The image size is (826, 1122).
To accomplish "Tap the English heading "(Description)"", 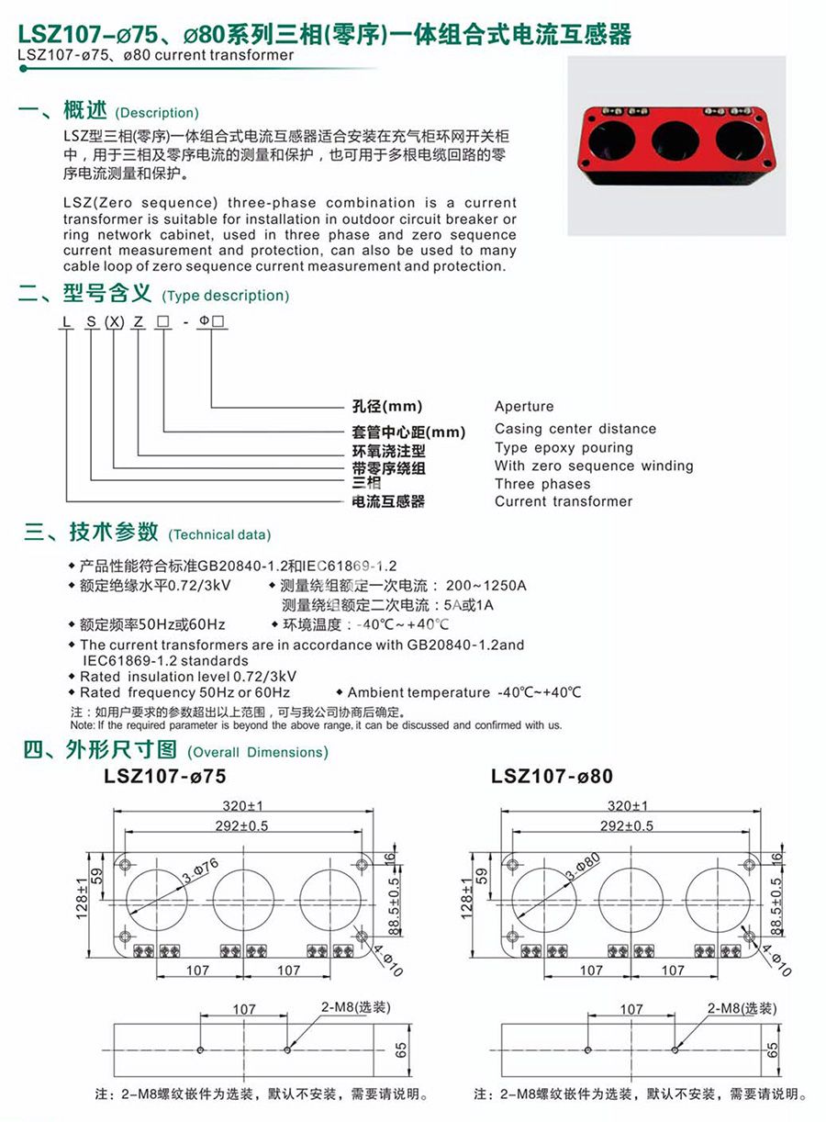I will tap(157, 113).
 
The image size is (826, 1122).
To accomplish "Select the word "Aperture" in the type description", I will tap(524, 407).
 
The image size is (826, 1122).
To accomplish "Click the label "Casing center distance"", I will tap(575, 429).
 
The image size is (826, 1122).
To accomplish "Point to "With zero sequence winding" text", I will tap(594, 466).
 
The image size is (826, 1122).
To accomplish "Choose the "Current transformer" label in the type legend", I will tap(564, 501).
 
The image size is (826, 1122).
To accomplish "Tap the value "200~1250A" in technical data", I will tap(486, 586).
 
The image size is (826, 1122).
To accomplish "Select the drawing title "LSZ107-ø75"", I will tap(165, 777).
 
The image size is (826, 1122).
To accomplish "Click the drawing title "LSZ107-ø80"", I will tap(552, 777).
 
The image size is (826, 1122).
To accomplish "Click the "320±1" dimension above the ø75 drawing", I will tap(243, 805).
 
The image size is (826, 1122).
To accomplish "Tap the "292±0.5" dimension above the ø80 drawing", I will tap(627, 825).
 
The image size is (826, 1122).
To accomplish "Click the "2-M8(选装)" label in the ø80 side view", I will tap(742, 1008).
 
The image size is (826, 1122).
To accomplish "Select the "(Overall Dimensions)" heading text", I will tap(257, 752).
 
